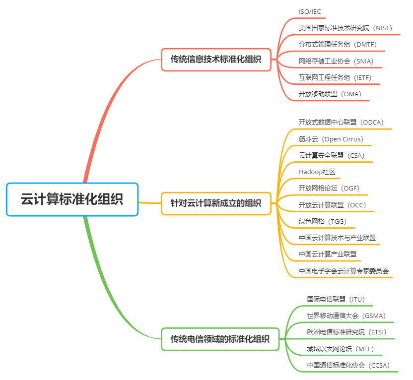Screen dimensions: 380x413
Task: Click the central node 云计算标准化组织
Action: (72, 199)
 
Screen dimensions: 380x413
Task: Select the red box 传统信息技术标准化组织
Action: (216, 60)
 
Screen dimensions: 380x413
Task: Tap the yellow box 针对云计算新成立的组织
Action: (216, 203)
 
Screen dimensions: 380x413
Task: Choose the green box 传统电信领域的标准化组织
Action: (220, 339)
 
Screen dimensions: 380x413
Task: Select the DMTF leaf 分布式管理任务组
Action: (338, 44)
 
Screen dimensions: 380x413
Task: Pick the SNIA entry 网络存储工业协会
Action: (336, 61)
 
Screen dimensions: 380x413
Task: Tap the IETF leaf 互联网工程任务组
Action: (335, 77)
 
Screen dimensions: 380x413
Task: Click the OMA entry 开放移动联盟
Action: (330, 94)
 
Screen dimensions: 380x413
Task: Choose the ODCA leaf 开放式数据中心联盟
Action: (341, 122)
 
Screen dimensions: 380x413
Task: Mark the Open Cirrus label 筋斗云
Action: (331, 139)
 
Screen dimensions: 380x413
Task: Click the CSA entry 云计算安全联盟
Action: (332, 155)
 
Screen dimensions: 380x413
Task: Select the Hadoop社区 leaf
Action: (317, 172)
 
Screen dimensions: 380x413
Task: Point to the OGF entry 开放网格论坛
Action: (329, 188)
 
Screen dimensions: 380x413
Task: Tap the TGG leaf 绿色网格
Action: (323, 221)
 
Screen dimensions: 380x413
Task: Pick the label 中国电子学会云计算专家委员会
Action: (344, 271)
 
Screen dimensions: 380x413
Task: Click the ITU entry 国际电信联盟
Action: (336, 299)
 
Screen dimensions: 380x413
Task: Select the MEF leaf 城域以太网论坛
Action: (341, 349)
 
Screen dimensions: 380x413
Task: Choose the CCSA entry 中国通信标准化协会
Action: (348, 365)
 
